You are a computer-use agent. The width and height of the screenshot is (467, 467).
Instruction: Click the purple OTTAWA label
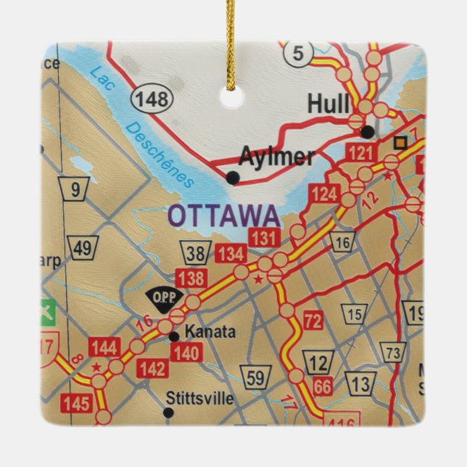coord(223,216)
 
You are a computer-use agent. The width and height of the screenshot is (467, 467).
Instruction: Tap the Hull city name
coord(328,104)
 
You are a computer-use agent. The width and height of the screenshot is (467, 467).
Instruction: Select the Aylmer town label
coord(276,157)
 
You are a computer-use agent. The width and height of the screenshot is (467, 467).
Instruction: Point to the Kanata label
coord(210,332)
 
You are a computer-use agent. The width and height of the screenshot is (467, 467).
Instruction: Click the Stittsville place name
coord(199,398)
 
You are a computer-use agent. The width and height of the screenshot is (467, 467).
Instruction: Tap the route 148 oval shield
coord(152,99)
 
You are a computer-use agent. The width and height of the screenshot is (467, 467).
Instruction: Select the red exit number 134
coord(230,254)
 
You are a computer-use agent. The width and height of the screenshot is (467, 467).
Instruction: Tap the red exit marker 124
coord(326,194)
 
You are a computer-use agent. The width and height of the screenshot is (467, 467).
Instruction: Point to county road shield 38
coord(194,253)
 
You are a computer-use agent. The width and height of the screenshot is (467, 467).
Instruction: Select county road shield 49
coord(83,249)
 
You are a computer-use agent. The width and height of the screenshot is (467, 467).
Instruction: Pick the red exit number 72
coord(313,321)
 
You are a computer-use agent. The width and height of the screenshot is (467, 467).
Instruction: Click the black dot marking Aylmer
coord(233,177)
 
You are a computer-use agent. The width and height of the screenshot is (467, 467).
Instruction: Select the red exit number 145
coord(77,403)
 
